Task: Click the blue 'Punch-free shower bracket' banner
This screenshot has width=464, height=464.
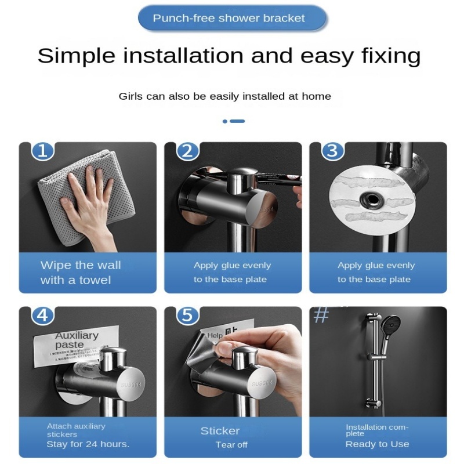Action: coord(231,18)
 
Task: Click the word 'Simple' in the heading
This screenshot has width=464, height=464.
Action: coord(75,56)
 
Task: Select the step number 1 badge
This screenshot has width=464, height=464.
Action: coord(42,151)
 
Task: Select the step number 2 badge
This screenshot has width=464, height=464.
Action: coord(187,151)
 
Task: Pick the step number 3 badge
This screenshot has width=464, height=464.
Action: coord(332,151)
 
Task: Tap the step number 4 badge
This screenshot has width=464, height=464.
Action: coord(42,316)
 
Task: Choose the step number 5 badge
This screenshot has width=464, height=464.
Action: coord(187,316)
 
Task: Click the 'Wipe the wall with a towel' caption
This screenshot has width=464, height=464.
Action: coord(81,273)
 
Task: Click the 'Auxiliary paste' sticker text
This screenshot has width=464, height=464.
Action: coord(77,340)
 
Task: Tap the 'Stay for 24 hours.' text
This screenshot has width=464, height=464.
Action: coord(88,444)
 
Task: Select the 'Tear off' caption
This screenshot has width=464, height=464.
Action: coord(231,445)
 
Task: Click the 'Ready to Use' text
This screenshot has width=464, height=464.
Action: coord(377,444)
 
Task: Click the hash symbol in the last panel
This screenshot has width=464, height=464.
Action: coord(321,316)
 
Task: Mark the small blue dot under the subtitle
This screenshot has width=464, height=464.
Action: coord(225,121)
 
